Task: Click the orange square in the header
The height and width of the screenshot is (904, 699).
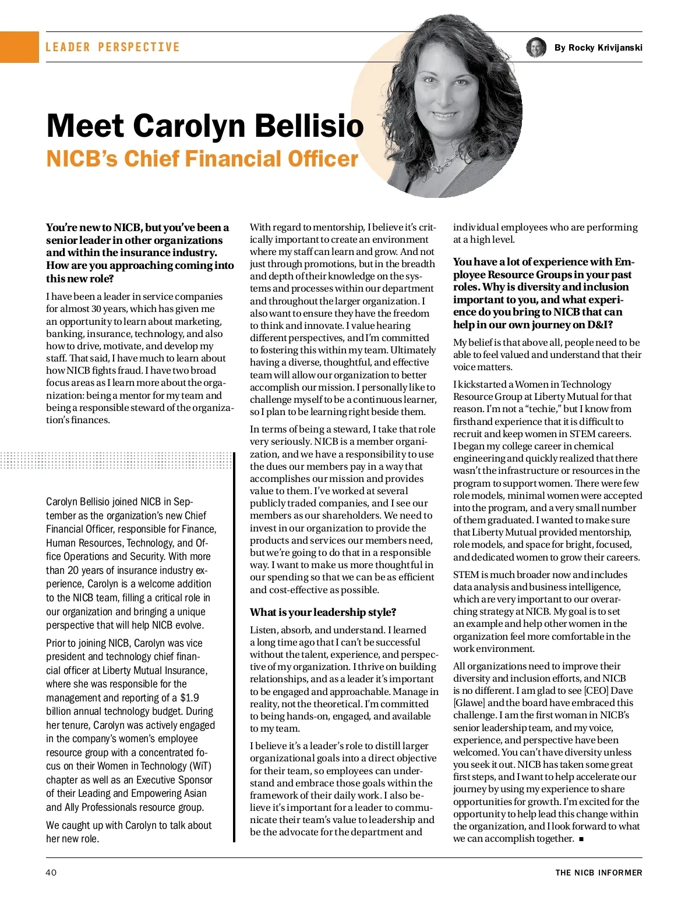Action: (19, 47)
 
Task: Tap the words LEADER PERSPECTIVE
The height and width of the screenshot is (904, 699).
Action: (112, 47)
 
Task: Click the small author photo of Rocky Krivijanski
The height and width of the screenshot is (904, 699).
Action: (536, 48)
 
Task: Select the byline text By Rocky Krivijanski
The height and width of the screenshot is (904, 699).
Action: (598, 48)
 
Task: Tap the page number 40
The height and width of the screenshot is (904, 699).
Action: (51, 873)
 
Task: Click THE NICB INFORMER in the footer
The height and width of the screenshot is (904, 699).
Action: (598, 873)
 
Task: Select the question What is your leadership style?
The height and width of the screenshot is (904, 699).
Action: (323, 612)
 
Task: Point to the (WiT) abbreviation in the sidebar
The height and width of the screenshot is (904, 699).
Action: (200, 766)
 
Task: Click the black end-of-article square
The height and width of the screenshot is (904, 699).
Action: (581, 839)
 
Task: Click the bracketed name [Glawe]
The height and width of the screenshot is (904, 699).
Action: (469, 703)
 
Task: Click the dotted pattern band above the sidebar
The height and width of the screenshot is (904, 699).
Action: (116, 460)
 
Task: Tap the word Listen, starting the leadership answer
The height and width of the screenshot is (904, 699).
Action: (263, 630)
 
